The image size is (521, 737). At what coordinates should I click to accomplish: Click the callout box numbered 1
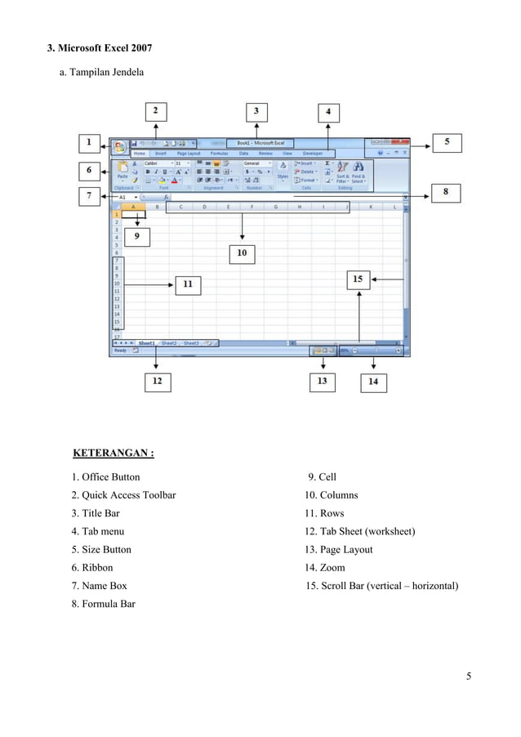point(90,144)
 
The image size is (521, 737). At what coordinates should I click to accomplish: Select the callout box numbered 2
point(157,109)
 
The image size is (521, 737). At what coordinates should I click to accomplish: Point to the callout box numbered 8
point(446,193)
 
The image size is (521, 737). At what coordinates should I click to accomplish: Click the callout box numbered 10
point(242,253)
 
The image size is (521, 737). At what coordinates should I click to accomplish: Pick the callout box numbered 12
point(157,381)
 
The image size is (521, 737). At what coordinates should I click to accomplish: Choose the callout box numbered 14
point(373,381)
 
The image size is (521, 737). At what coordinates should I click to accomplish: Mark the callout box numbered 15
point(358,279)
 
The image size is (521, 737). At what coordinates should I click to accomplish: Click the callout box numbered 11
point(188,284)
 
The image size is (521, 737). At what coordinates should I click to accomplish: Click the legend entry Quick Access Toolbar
point(123,495)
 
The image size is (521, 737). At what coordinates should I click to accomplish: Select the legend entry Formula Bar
point(103,604)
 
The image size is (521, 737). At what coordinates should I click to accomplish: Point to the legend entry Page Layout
point(338,550)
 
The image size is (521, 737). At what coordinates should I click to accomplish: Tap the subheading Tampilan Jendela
point(102,74)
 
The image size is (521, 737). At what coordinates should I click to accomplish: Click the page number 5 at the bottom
point(469,676)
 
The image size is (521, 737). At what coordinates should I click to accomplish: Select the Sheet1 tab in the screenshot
point(147,343)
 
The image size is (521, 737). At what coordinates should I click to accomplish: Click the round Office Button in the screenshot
point(120,147)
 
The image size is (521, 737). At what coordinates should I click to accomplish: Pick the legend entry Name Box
point(99,586)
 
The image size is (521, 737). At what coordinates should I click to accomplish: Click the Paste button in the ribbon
point(122,172)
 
